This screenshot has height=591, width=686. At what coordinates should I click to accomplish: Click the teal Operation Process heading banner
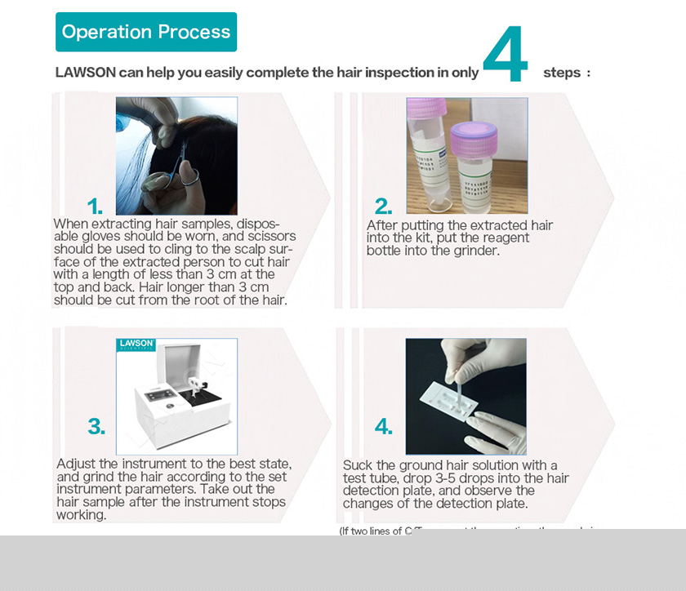[x=146, y=32]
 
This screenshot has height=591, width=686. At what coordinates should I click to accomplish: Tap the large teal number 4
[x=506, y=56]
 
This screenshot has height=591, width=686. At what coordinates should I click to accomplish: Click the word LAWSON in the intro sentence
[x=85, y=73]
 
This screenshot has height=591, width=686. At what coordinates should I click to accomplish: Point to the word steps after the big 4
[x=562, y=73]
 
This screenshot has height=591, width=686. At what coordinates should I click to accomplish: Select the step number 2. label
[x=383, y=206]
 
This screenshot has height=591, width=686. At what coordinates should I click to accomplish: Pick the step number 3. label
[x=96, y=426]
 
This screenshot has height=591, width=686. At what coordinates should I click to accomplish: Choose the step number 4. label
[x=384, y=426]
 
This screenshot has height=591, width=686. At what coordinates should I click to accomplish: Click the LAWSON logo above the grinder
[x=136, y=344]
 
